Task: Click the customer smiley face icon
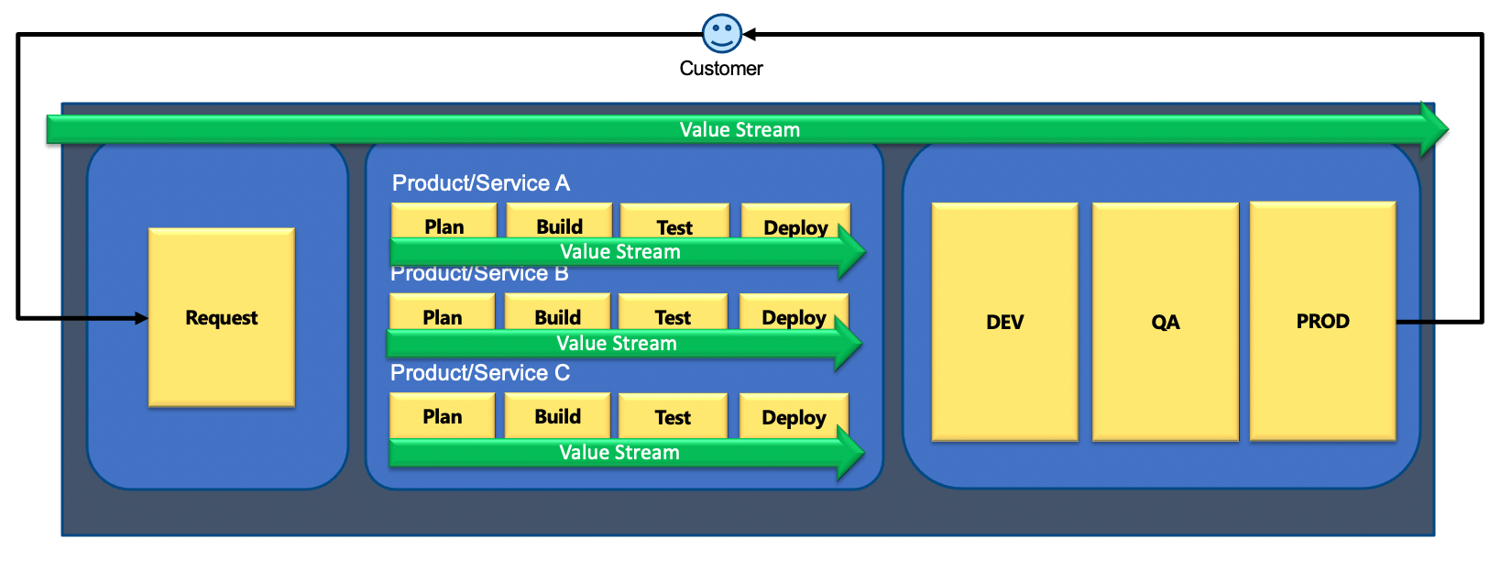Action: click(x=721, y=33)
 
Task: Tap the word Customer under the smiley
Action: click(x=721, y=69)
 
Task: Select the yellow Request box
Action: click(x=222, y=317)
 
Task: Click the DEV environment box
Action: click(x=1004, y=322)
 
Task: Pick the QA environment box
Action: click(x=1165, y=322)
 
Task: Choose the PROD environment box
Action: click(x=1322, y=321)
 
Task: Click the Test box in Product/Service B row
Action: click(x=673, y=314)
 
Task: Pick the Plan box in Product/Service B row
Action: click(x=442, y=314)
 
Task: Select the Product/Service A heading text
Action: click(x=481, y=183)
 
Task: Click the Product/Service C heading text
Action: click(x=480, y=373)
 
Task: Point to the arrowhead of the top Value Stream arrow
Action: click(x=1434, y=129)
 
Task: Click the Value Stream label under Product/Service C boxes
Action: click(x=619, y=453)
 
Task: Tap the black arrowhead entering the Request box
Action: click(x=141, y=318)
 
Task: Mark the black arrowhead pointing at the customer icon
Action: click(x=750, y=35)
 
